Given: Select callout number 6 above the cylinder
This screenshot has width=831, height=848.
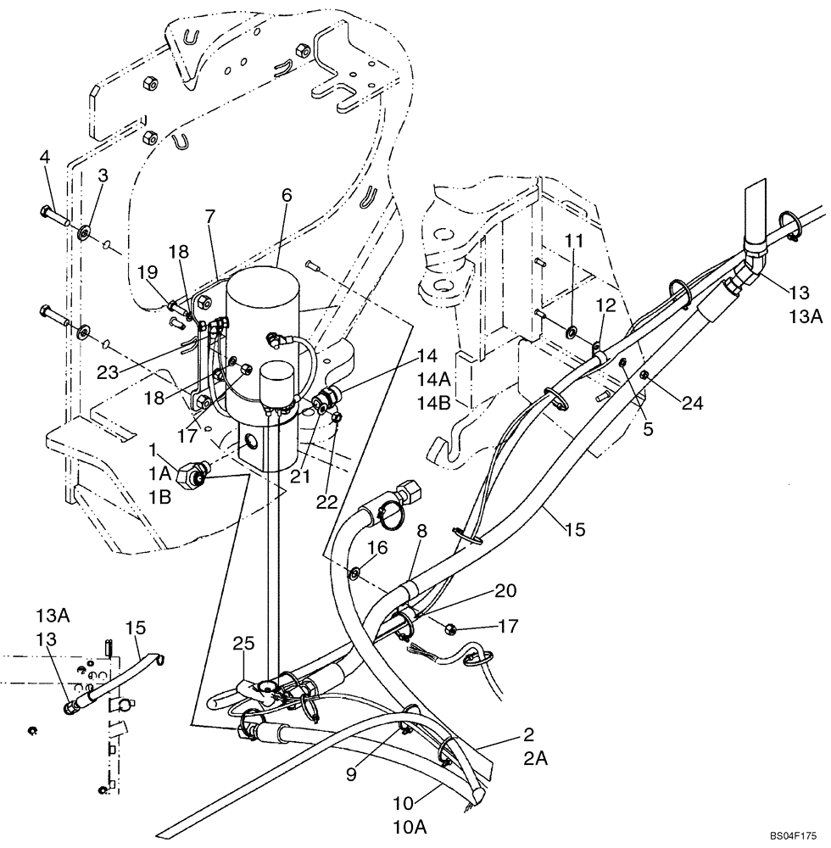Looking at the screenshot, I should pos(287,194).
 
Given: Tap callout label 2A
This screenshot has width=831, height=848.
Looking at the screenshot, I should pos(536,760).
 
